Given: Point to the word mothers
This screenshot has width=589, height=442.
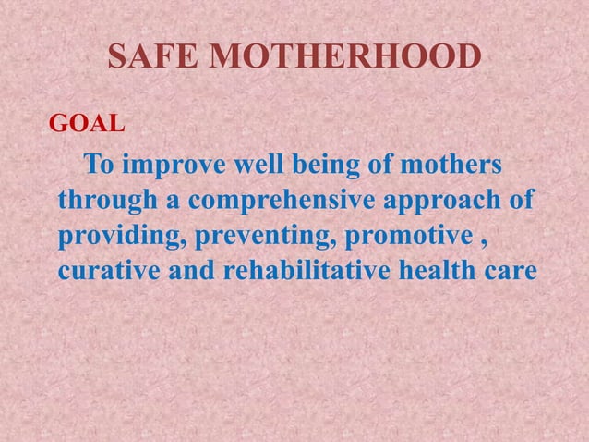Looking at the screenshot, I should coord(451,168).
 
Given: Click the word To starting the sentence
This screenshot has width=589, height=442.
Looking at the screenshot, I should coord(100,168).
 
